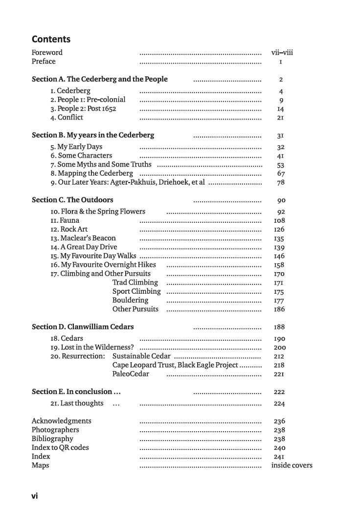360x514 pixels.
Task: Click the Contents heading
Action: point(51,39)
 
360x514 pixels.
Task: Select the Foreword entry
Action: point(47,52)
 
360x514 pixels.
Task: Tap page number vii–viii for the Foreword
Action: point(282,52)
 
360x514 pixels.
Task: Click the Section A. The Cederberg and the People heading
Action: point(99,79)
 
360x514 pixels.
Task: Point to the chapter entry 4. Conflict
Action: point(67,117)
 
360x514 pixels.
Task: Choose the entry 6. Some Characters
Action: point(81,155)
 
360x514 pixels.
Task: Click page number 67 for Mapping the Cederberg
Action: point(281,173)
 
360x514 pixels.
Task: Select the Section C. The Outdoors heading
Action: point(72,200)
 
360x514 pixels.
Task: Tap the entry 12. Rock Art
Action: point(69,229)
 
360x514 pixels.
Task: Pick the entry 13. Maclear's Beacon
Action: point(83,238)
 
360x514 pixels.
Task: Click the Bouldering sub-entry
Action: point(130,300)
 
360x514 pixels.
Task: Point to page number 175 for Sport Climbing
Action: point(279,291)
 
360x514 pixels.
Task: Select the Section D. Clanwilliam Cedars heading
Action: point(83,327)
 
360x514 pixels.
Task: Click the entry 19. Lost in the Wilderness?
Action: point(92,347)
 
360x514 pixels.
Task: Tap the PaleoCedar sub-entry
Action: point(131,374)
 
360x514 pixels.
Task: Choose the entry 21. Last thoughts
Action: point(77,403)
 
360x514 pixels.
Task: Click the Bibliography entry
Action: point(52,439)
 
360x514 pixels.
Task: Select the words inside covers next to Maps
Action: point(292,465)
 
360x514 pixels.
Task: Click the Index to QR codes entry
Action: point(60,447)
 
